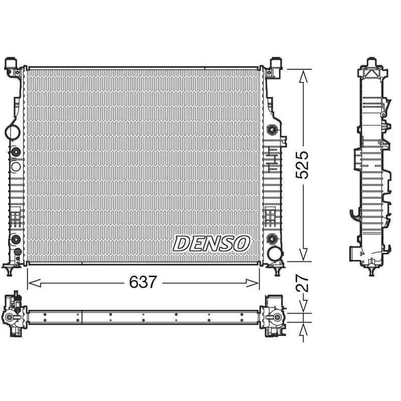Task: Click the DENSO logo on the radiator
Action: (x=211, y=244)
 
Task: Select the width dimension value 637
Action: (x=143, y=282)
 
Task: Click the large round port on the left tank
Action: (x=12, y=132)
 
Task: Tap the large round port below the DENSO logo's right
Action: (x=274, y=254)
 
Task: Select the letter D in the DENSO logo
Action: (x=181, y=244)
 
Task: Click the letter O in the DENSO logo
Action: (x=242, y=244)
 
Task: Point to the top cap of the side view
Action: (x=371, y=63)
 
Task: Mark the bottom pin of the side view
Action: (x=371, y=271)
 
